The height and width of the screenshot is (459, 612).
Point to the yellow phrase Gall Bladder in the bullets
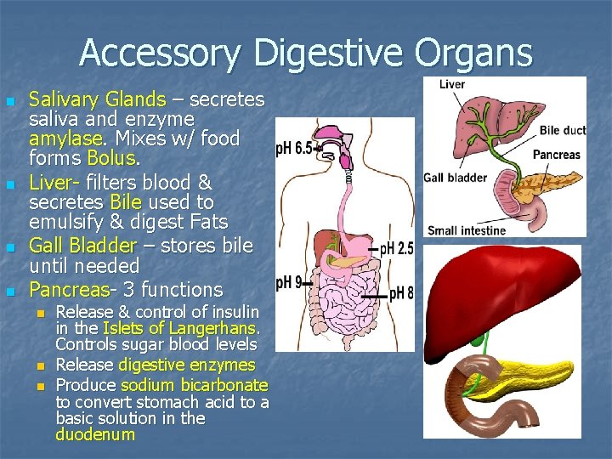point(82,246)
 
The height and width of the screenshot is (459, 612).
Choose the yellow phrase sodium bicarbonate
point(195,385)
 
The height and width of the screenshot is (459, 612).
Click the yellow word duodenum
point(95,435)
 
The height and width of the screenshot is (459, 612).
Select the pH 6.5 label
point(294,148)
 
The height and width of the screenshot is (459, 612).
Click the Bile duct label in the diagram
point(562,130)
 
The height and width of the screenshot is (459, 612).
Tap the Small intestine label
point(467,229)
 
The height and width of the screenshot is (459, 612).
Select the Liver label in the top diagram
point(452,84)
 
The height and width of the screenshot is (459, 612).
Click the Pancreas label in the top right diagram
point(556,155)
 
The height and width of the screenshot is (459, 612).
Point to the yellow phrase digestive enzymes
point(187,365)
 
